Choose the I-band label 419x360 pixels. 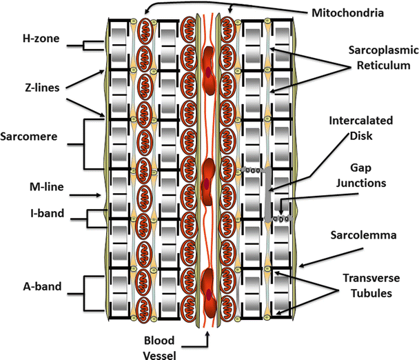coord(38,214)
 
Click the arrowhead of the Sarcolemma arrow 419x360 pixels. coord(301,263)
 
